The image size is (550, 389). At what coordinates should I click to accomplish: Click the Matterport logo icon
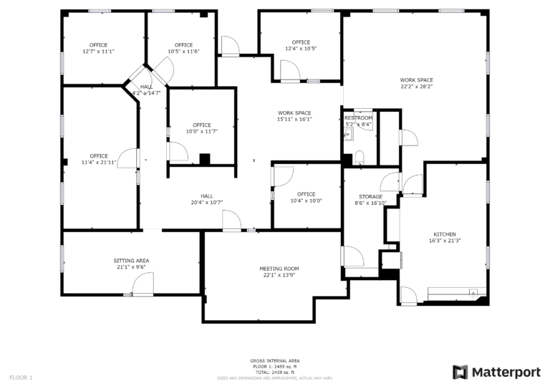click(460, 372)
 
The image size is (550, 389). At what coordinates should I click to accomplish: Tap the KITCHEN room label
click(444, 234)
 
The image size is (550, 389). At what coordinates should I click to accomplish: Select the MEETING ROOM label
click(279, 269)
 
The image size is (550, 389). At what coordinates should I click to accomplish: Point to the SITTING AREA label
click(131, 261)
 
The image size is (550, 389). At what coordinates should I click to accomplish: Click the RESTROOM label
click(358, 117)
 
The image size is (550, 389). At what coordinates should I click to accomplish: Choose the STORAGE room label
click(370, 196)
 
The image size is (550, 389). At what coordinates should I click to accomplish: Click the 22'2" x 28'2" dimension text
click(416, 87)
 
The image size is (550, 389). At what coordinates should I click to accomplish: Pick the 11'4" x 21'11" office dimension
click(99, 163)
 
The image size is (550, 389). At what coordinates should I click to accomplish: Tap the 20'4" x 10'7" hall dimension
click(207, 202)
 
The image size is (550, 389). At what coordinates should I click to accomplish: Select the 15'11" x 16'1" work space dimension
click(294, 120)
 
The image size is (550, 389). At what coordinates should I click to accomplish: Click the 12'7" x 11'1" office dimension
click(99, 52)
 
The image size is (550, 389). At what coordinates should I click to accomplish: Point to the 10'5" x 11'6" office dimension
click(184, 52)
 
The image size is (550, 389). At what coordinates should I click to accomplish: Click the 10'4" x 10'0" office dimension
click(306, 201)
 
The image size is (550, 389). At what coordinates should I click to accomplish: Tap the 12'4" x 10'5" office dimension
click(301, 49)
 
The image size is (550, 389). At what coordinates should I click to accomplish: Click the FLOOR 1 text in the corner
click(21, 377)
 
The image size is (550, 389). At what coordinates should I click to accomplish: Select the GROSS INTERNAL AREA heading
click(275, 360)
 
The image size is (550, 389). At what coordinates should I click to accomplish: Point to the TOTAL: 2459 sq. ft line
click(275, 372)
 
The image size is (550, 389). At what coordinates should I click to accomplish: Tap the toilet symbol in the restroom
click(360, 157)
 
